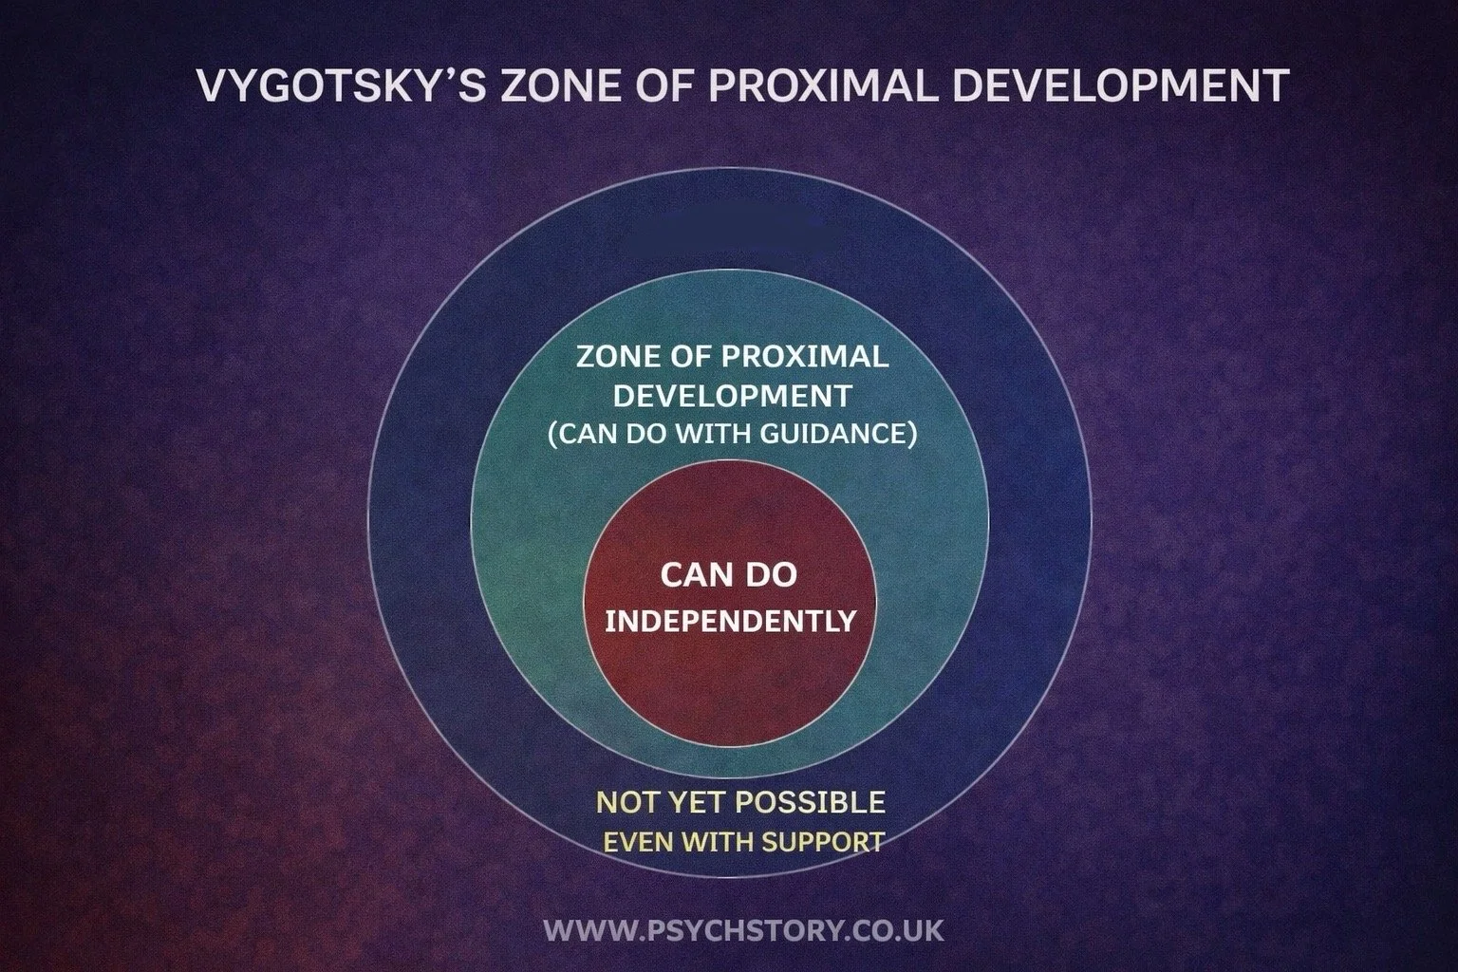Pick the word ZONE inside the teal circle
click(x=617, y=357)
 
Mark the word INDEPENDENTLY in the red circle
click(x=731, y=622)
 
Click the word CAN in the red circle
click(x=692, y=575)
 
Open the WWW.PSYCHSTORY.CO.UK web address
click(x=743, y=928)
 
